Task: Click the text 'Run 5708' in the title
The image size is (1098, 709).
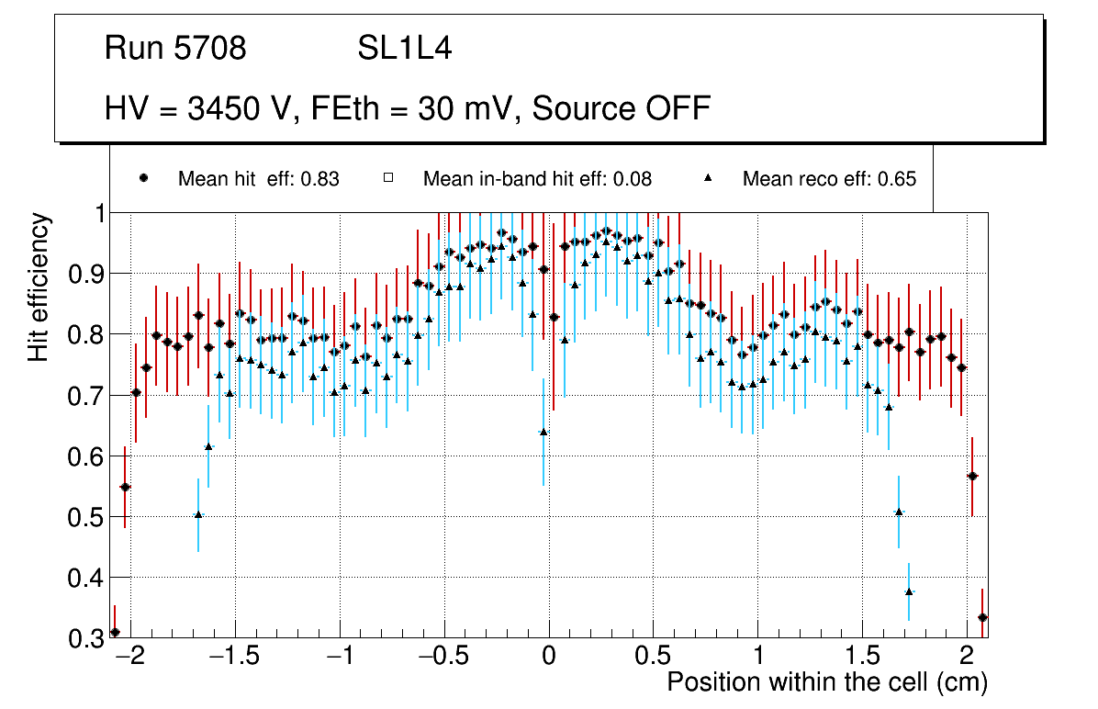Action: [175, 49]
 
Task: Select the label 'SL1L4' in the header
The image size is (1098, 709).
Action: [405, 49]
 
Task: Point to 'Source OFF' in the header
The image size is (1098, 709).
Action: [622, 108]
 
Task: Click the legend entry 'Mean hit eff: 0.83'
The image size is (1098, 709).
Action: [258, 179]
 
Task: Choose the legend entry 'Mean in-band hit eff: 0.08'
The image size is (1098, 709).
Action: [537, 179]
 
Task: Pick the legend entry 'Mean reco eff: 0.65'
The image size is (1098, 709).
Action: [829, 179]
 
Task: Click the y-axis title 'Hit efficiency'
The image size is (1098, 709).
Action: [39, 287]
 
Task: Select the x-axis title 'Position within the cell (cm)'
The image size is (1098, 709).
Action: [826, 682]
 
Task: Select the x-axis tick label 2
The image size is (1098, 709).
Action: [966, 657]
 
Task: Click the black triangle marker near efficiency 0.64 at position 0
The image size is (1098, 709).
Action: [543, 432]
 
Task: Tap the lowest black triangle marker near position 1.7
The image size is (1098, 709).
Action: [909, 591]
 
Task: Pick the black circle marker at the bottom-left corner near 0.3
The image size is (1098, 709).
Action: [115, 632]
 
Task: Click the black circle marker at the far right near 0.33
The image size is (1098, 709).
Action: [982, 617]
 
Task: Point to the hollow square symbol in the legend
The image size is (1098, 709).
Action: [388, 179]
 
